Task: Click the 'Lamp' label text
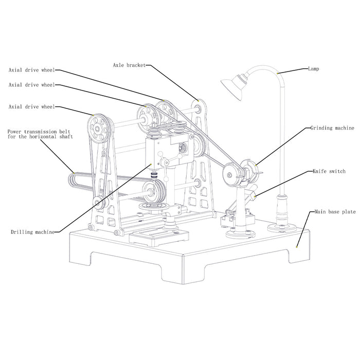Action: pos(314,68)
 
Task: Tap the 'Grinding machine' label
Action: pos(332,127)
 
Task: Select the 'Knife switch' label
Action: pos(329,171)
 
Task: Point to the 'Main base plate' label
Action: pos(334,211)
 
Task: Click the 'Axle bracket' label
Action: pos(129,65)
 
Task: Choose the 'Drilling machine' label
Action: pos(32,232)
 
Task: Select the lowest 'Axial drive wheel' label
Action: pos(31,107)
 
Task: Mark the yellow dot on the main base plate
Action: pos(298,247)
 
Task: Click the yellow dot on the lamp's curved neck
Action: pos(278,74)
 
